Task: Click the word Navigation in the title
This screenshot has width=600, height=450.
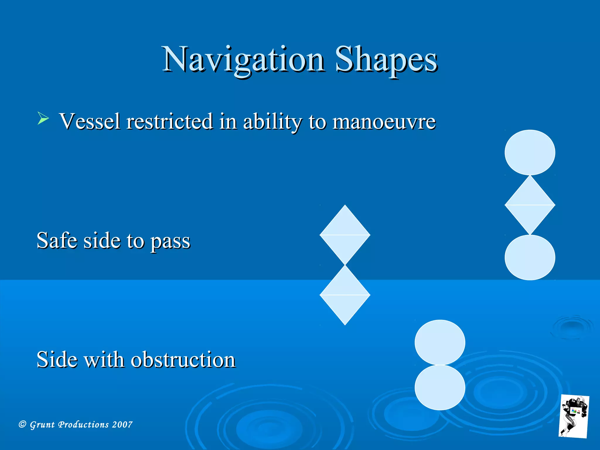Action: (244, 60)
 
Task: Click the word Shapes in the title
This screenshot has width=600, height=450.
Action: (386, 60)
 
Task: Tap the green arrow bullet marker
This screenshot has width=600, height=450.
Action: (43, 118)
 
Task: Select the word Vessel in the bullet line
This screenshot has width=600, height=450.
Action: (90, 121)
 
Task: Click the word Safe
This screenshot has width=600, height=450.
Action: (57, 240)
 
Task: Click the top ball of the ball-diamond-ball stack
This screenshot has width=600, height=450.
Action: (530, 152)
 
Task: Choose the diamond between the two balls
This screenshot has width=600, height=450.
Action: (530, 205)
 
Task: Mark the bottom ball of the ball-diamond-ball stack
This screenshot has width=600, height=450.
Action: (530, 258)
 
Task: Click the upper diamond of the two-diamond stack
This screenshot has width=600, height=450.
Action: (345, 235)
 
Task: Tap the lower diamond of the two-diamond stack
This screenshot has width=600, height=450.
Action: (345, 295)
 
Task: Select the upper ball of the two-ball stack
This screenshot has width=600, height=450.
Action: (440, 342)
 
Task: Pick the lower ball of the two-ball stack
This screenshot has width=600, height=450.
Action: (440, 387)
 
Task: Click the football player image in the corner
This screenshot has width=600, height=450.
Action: (574, 416)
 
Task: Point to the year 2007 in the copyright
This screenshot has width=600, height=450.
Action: (122, 425)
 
